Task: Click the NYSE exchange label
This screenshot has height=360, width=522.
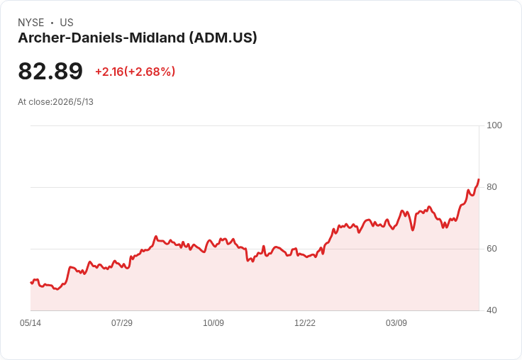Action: (31, 23)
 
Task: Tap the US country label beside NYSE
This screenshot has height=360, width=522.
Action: (67, 23)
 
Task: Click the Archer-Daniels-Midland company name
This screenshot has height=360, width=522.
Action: (101, 38)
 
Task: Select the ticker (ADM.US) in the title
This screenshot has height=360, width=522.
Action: (223, 38)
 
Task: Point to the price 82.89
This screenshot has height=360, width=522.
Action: (50, 71)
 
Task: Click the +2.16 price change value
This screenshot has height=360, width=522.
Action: (109, 72)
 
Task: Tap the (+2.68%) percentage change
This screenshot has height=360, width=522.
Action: (150, 72)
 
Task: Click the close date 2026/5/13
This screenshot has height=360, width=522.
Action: (73, 102)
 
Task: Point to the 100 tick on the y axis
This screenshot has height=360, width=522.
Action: (494, 125)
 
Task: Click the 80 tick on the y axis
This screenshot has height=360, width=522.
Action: (492, 187)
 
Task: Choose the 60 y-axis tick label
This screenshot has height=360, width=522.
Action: (492, 249)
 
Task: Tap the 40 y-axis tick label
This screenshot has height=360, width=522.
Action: (492, 310)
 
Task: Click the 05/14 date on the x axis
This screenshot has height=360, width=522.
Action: (30, 323)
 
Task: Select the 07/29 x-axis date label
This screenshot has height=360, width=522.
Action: (122, 323)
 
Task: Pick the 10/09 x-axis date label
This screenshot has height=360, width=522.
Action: (213, 323)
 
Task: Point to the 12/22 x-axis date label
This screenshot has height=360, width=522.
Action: (305, 323)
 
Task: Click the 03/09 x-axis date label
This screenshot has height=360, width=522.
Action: (396, 323)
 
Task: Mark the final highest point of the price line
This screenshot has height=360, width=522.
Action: (479, 179)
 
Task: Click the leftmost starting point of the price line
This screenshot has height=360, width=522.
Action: (31, 283)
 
